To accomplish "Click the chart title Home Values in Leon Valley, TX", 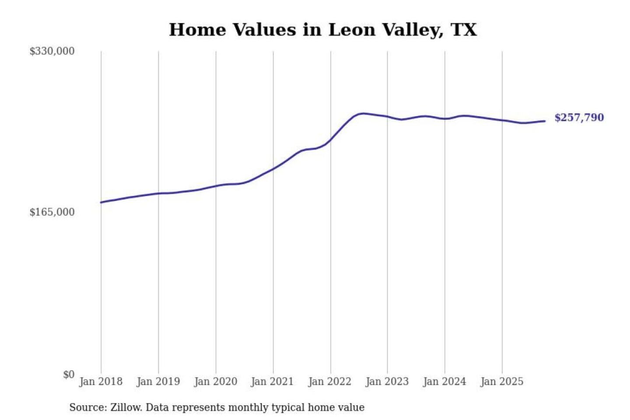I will (323, 30).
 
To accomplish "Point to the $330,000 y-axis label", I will (52, 51).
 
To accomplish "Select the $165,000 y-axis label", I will (52, 212).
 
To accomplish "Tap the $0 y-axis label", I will (69, 374).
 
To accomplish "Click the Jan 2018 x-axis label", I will (101, 381).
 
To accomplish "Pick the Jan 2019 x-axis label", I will (158, 381).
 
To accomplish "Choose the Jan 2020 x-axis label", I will (215, 381).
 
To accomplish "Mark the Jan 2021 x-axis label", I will (272, 381).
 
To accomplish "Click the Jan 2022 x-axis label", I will (329, 381).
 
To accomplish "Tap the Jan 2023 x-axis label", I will (387, 381).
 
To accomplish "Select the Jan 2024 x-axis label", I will (444, 381).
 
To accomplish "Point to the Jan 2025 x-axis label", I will (501, 381).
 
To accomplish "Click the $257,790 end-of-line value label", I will (579, 118).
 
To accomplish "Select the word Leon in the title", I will (351, 30).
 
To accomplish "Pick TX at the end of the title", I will (464, 30).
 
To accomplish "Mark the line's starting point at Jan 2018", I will (101, 203).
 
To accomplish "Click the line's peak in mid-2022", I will (362, 113).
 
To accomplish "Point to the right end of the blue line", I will (545, 121).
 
